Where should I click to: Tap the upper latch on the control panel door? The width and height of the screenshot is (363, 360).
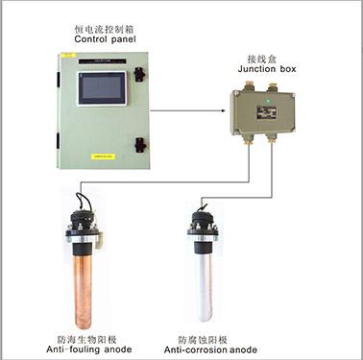tap(139, 73)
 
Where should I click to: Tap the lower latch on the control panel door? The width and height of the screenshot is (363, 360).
tap(139, 144)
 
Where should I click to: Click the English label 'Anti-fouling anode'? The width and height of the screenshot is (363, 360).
tap(82, 349)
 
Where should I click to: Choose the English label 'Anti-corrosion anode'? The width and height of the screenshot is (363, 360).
tap(215, 349)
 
